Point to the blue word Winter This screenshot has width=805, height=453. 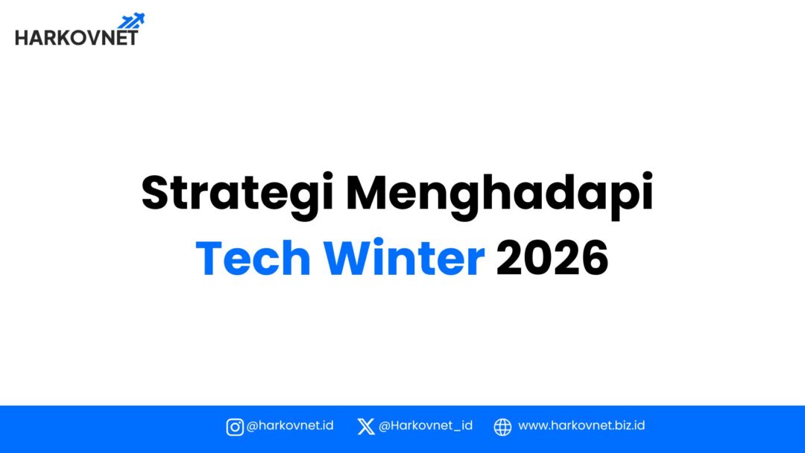point(404,259)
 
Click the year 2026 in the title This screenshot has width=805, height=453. point(552,259)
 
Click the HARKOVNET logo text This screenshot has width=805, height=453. point(76,37)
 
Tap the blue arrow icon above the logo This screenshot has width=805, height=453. point(131,21)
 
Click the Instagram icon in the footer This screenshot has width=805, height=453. point(235,427)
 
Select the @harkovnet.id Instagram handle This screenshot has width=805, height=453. point(290,426)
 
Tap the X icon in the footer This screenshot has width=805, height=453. point(365,427)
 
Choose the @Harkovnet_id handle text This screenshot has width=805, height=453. point(426,426)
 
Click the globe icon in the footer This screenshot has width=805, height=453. point(503,427)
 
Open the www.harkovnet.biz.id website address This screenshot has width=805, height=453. point(581,426)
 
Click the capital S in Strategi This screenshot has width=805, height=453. point(157,193)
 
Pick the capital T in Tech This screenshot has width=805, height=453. point(210,259)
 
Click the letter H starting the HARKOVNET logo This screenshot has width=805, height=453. point(22,37)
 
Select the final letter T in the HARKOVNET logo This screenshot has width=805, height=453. point(133,37)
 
